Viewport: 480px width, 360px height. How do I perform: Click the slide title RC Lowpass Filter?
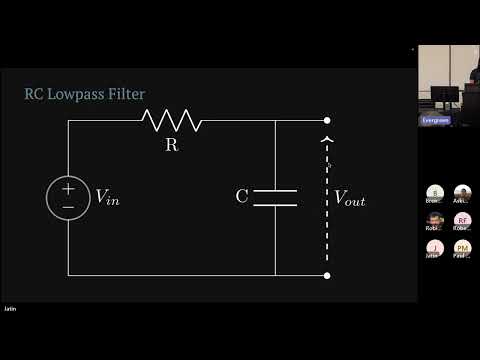tap(85, 94)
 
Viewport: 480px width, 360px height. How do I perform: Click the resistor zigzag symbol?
tap(172, 121)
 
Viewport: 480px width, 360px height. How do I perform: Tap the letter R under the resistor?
tap(171, 144)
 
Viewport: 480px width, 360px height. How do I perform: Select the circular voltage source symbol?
tap(68, 197)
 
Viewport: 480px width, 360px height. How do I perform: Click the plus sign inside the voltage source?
tap(68, 188)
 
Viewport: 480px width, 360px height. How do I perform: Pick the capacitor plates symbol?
tap(275, 197)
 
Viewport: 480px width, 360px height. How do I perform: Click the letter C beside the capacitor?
tap(242, 197)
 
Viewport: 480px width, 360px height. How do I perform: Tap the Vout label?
tap(349, 198)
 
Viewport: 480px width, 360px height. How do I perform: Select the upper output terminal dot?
tap(327, 121)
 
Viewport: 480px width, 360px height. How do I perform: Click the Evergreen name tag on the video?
tap(434, 120)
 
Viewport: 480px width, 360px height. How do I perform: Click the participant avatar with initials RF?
tap(462, 220)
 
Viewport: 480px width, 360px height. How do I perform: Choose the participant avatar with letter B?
tap(434, 192)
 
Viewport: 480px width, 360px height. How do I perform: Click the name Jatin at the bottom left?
tap(10, 309)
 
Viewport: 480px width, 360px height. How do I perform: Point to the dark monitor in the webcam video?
tap(442, 96)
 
